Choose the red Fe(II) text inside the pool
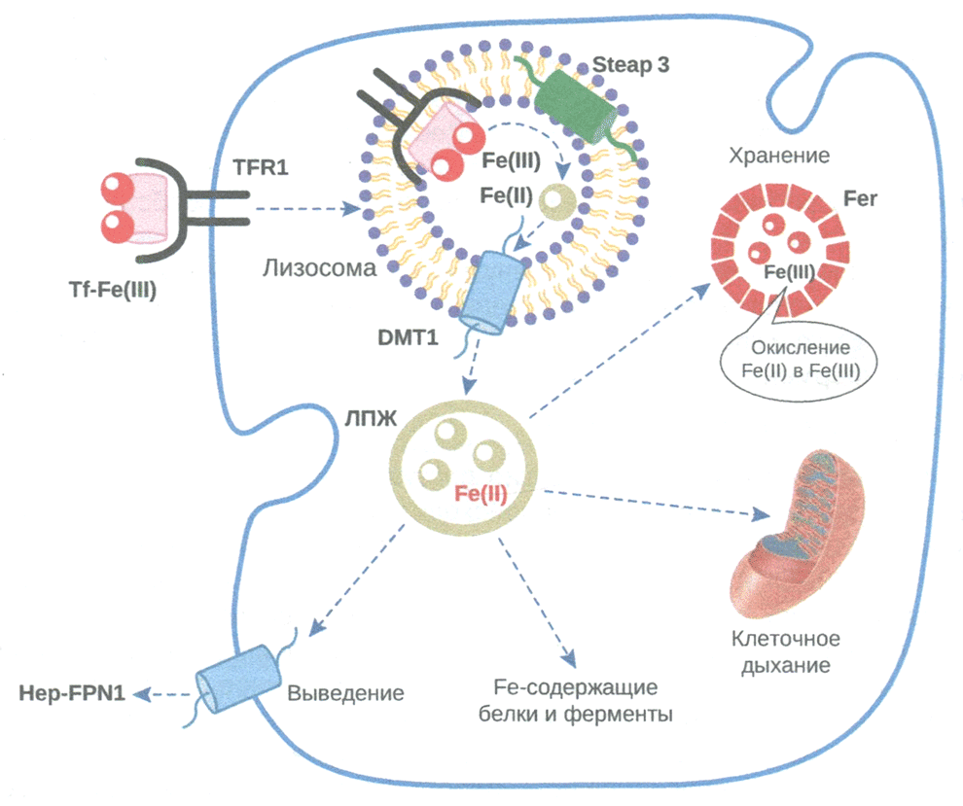click(x=481, y=493)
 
